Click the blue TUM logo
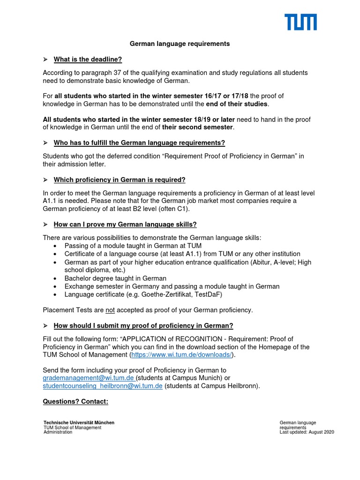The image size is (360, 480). [x=300, y=22]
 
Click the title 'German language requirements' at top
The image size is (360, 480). [x=180, y=44]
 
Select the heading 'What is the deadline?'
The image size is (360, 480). [x=88, y=59]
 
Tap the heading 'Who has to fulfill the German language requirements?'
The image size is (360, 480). [x=139, y=142]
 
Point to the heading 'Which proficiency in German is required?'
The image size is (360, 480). [x=120, y=180]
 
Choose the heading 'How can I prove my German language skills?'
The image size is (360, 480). [x=125, y=225]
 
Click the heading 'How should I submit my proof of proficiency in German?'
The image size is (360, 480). [x=143, y=326]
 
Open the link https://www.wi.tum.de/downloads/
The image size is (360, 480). [x=181, y=355]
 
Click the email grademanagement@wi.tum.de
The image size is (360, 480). [x=89, y=378]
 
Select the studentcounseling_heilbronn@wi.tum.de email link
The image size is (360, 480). [x=103, y=386]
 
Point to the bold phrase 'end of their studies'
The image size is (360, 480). [x=237, y=104]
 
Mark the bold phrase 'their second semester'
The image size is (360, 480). [x=197, y=127]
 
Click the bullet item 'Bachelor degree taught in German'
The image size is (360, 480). [x=115, y=278]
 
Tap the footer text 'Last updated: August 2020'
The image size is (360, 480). [x=307, y=432]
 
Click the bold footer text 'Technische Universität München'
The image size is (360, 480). [x=79, y=423]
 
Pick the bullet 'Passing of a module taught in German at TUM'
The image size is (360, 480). [x=132, y=246]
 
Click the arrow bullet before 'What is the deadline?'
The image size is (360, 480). [x=45, y=59]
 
